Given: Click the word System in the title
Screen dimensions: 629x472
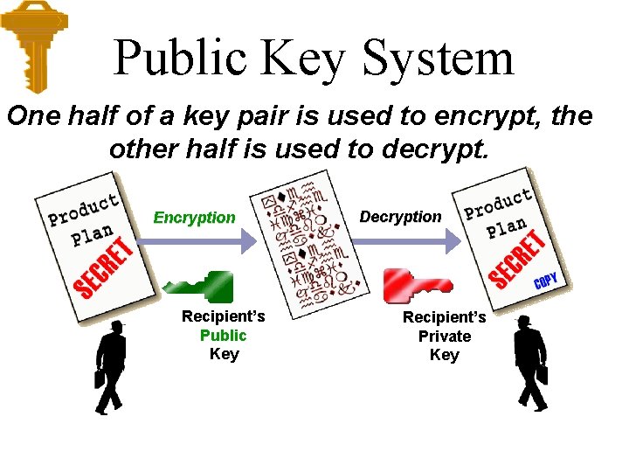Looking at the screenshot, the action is pos(438,59).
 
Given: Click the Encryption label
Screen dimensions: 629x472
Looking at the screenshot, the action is pos(194,218).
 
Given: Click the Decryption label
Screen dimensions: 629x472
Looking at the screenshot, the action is pos(401,216).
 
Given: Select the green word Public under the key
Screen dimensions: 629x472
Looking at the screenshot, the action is pos(224,336).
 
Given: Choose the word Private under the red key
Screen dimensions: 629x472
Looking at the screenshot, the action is pos(444,336).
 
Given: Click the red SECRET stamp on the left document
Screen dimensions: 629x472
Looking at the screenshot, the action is pos(104,267).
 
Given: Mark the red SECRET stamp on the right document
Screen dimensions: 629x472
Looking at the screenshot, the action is pos(517,260).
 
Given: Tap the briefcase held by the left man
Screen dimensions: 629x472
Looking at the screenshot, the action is pos(99,378).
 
